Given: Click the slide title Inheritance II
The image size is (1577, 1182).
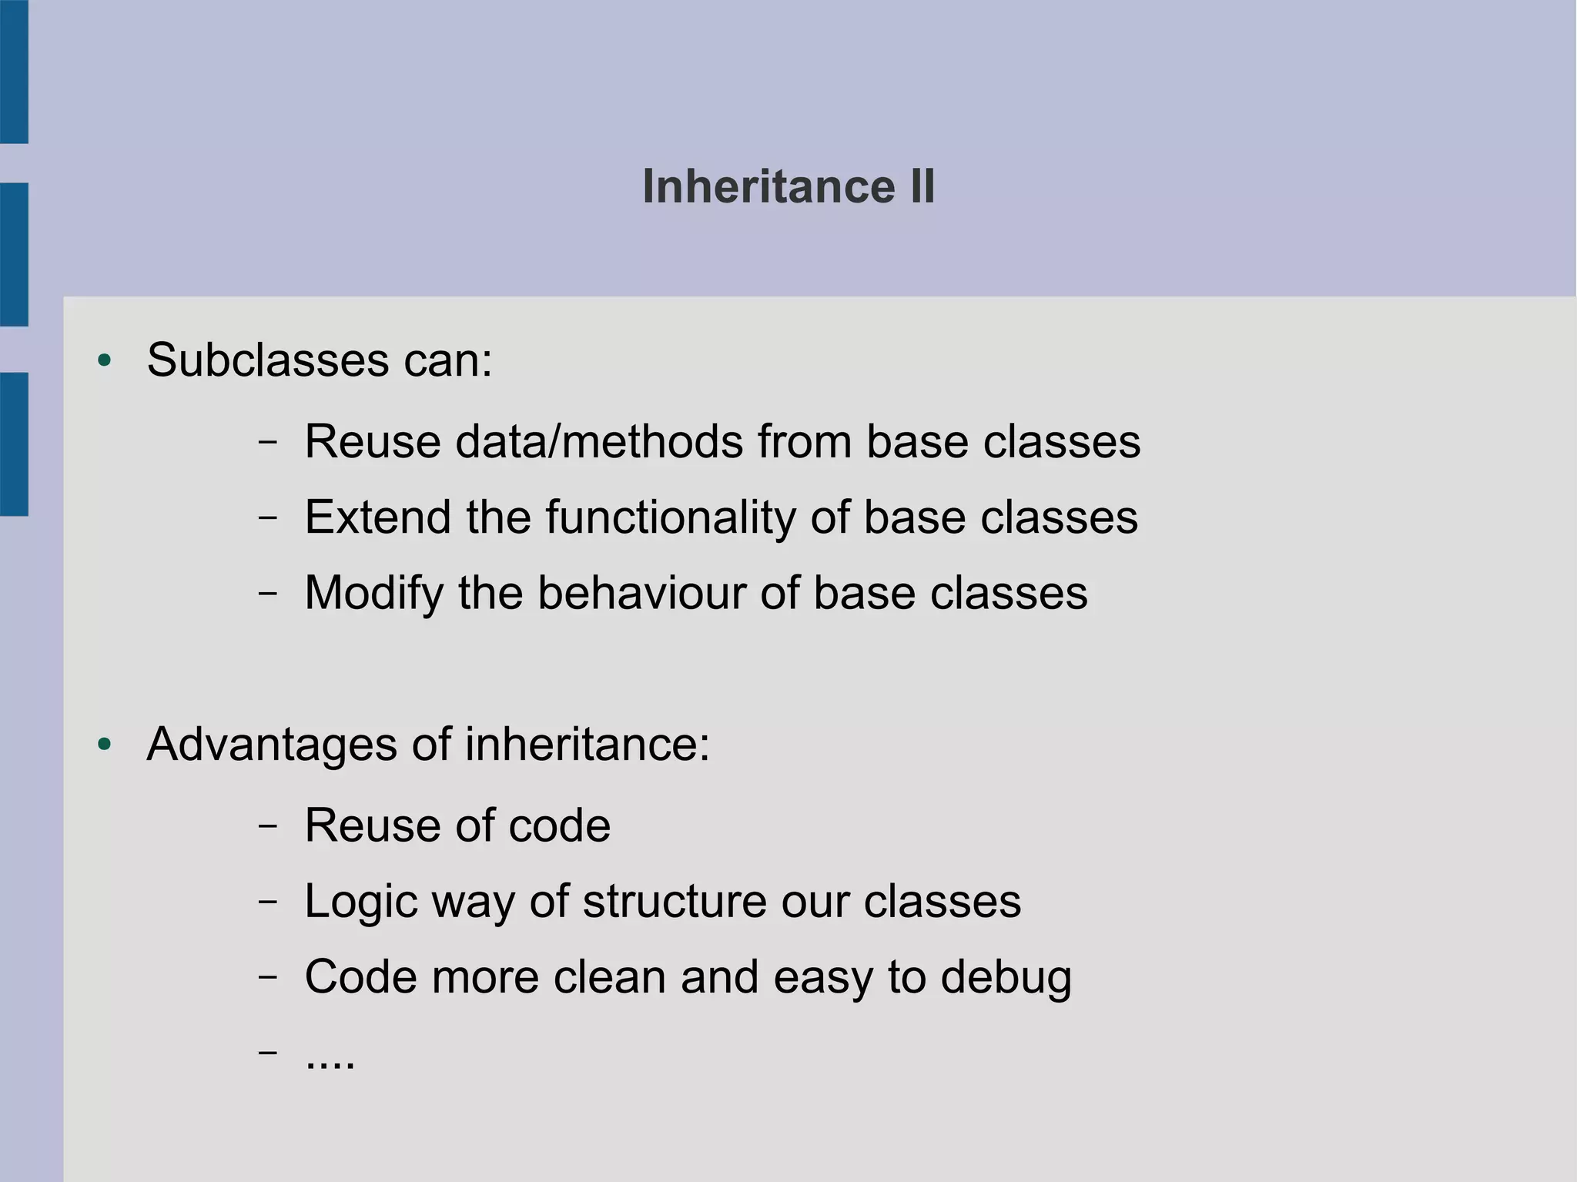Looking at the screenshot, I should tap(788, 187).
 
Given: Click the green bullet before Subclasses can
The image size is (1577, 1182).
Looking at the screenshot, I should tap(105, 360).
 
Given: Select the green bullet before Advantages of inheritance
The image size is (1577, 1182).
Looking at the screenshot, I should tap(105, 745).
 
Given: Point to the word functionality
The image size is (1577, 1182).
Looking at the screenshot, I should tap(670, 517).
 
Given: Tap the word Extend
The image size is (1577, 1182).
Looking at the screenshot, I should tap(377, 517).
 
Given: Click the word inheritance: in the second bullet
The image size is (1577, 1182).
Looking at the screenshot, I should tap(587, 745).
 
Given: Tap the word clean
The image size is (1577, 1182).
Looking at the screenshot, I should tap(609, 977).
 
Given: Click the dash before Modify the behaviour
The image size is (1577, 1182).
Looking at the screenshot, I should tap(267, 594).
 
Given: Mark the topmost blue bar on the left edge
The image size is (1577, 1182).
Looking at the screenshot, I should tap(14, 71).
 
